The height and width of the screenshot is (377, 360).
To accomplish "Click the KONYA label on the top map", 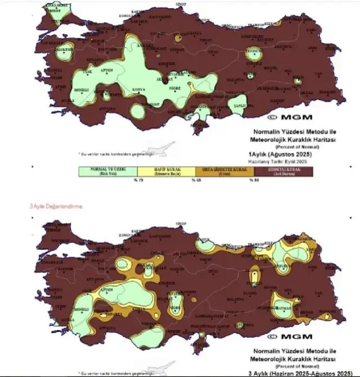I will (139, 89).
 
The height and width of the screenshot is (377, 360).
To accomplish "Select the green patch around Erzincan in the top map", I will (253, 52).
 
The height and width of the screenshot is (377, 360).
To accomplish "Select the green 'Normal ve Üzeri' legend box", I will (108, 171).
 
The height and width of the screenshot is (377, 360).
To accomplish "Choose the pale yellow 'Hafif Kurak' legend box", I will (166, 171).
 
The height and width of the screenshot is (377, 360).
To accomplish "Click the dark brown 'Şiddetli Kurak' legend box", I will (283, 171).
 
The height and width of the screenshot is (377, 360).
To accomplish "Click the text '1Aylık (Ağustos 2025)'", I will (281, 155).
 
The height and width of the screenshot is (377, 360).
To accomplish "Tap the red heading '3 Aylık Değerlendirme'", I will (55, 205).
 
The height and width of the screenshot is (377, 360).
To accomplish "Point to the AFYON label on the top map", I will (107, 70).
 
